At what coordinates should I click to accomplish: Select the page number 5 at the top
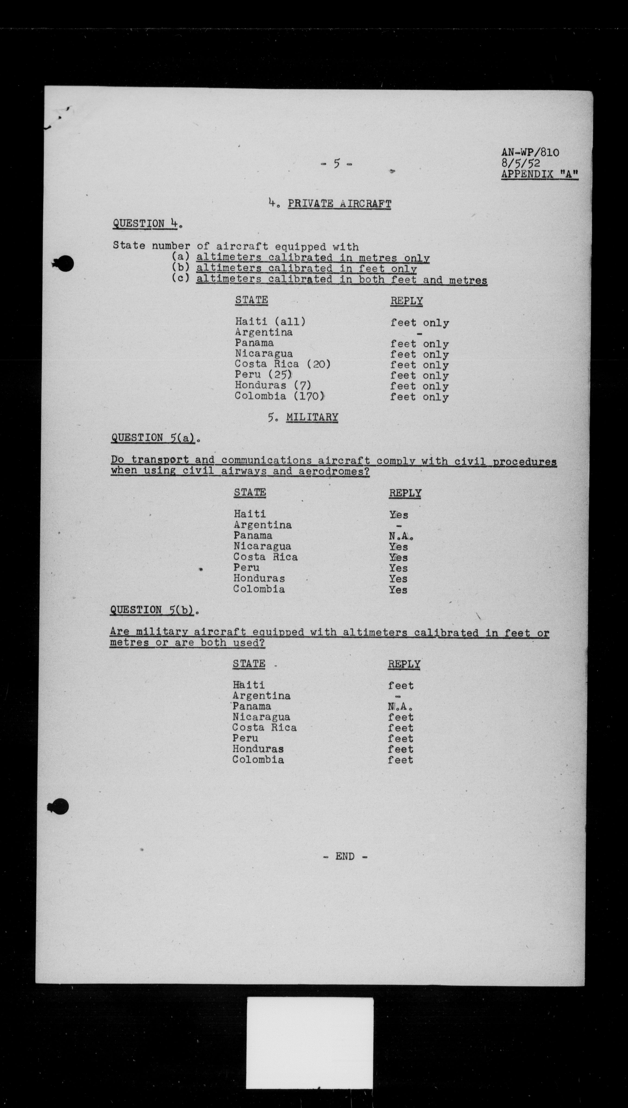click(337, 164)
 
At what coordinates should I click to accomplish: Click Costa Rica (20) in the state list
click(282, 364)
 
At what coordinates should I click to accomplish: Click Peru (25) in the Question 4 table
click(263, 375)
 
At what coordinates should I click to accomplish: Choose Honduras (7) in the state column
click(273, 385)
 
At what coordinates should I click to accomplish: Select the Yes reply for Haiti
click(398, 515)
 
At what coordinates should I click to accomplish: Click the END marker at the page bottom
click(345, 856)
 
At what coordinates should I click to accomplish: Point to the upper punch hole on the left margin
click(64, 264)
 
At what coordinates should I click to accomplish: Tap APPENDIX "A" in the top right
click(539, 175)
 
